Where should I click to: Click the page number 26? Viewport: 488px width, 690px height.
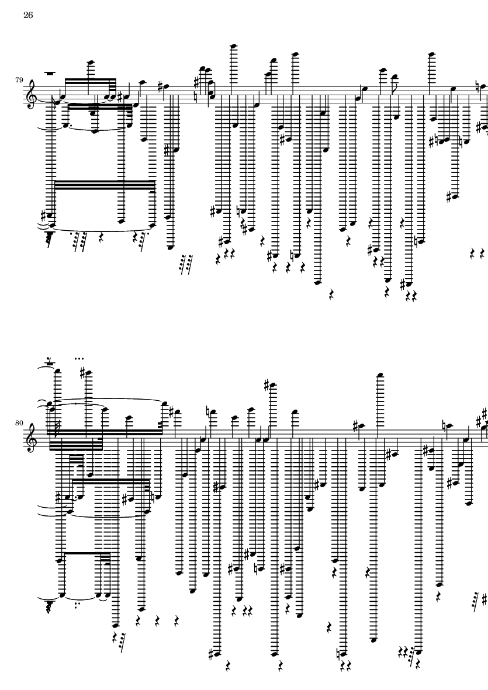pyautogui.click(x=28, y=15)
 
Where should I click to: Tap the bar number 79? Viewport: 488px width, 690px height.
pyautogui.click(x=19, y=80)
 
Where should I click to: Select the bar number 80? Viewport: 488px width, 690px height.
pyautogui.click(x=19, y=424)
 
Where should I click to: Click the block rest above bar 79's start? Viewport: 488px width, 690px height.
pyautogui.click(x=50, y=73)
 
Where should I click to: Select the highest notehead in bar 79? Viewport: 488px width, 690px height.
pyautogui.click(x=234, y=46)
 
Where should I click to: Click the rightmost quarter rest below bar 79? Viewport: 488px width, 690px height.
pyautogui.click(x=482, y=254)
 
